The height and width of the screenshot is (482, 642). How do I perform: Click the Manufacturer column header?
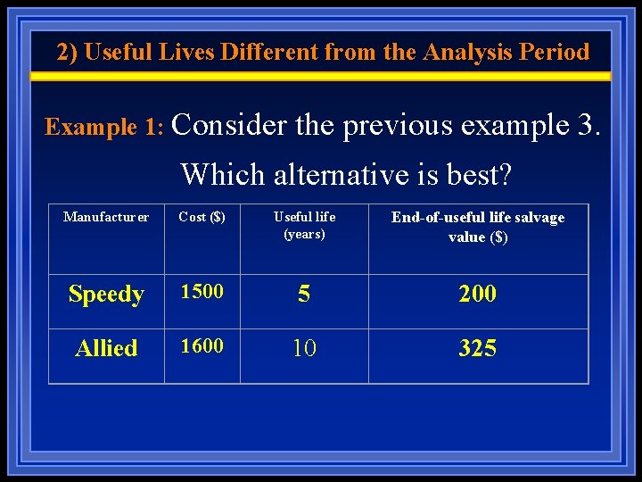(x=106, y=217)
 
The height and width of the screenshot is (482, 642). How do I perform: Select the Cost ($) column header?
(x=202, y=217)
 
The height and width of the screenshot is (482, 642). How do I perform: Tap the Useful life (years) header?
(x=304, y=226)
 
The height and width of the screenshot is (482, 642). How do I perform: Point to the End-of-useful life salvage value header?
(x=478, y=227)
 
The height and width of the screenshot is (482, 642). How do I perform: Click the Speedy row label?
(x=106, y=294)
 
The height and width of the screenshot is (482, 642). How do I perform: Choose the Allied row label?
(x=106, y=348)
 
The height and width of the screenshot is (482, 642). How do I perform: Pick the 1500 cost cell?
(x=202, y=291)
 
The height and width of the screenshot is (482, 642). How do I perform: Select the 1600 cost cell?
(x=202, y=345)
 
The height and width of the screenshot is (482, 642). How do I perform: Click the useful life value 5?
(x=304, y=295)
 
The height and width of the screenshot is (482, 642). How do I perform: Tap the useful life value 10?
(x=304, y=348)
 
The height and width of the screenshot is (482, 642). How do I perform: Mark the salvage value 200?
(x=478, y=294)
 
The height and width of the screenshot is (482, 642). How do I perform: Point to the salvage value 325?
(x=478, y=348)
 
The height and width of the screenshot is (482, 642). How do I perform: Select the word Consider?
(x=231, y=126)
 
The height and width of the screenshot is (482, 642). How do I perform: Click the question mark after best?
(x=506, y=174)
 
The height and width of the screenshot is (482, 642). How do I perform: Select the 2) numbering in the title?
(x=67, y=52)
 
